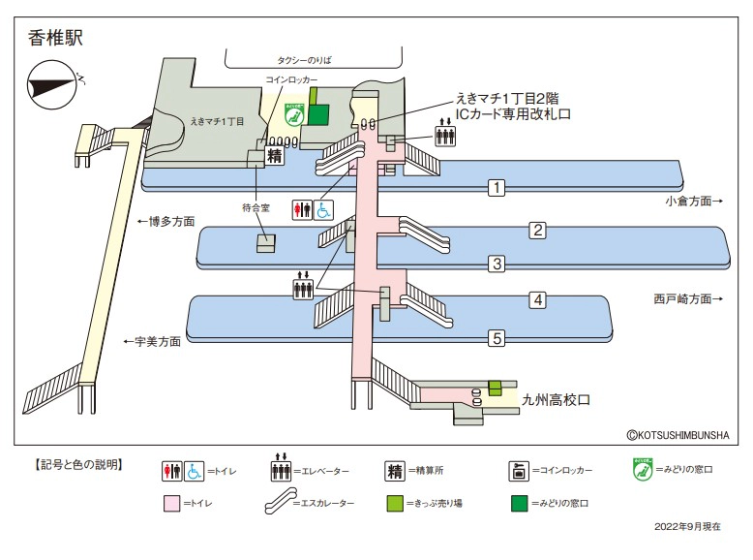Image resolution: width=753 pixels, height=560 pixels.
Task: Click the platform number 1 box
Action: [x=497, y=187]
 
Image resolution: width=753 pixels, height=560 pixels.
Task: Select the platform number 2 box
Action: [x=538, y=230]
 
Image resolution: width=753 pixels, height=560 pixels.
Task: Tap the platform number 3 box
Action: [x=497, y=263]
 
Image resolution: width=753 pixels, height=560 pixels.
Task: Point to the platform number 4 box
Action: [x=538, y=299]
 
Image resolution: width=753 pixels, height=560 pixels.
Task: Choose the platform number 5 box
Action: [x=497, y=337]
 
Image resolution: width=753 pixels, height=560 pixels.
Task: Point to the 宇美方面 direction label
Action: [x=152, y=341]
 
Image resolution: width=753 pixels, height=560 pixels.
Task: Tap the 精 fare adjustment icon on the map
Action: [x=275, y=154]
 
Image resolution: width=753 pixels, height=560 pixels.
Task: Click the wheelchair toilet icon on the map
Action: [x=322, y=208]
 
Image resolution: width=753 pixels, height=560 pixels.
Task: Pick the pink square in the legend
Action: [x=172, y=504]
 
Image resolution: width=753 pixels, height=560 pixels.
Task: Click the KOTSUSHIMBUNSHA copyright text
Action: [x=677, y=437]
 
